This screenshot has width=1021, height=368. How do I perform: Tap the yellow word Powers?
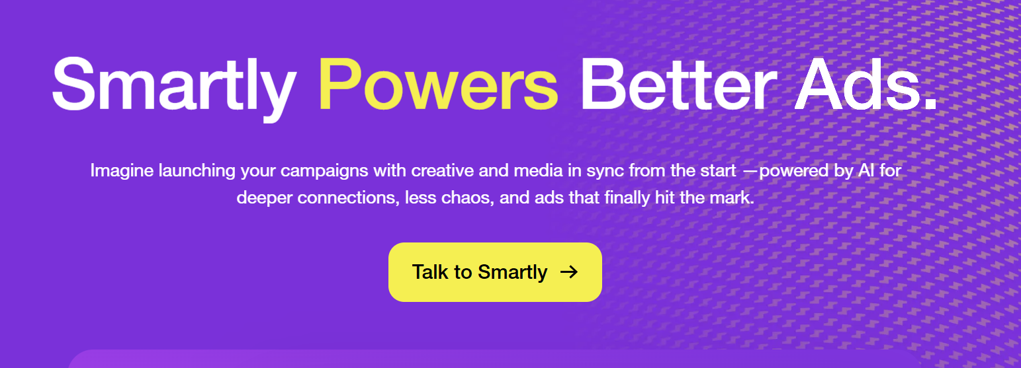438,85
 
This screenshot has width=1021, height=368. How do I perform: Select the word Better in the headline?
678,85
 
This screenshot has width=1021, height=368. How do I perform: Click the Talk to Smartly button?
495,272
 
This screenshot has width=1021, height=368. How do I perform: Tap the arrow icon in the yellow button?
569,272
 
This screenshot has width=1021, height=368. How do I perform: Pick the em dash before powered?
751,171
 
